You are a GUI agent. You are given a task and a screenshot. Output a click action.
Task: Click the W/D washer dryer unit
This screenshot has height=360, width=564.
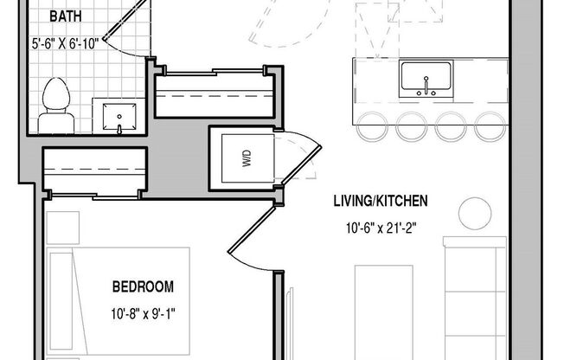click(x=246, y=157)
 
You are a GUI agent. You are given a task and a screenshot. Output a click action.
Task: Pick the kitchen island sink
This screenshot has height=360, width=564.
click(x=426, y=80)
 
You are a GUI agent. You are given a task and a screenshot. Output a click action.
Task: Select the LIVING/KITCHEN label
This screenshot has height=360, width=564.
click(x=381, y=202)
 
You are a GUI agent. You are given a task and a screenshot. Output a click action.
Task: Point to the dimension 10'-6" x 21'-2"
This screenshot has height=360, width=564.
click(x=381, y=229)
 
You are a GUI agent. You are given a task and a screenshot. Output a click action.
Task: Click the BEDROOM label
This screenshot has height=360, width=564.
click(x=143, y=286)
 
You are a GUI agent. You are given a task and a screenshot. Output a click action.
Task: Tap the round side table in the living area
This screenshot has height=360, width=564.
click(x=473, y=212)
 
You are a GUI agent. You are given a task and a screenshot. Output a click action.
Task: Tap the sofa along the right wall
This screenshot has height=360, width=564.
click(x=475, y=299)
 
